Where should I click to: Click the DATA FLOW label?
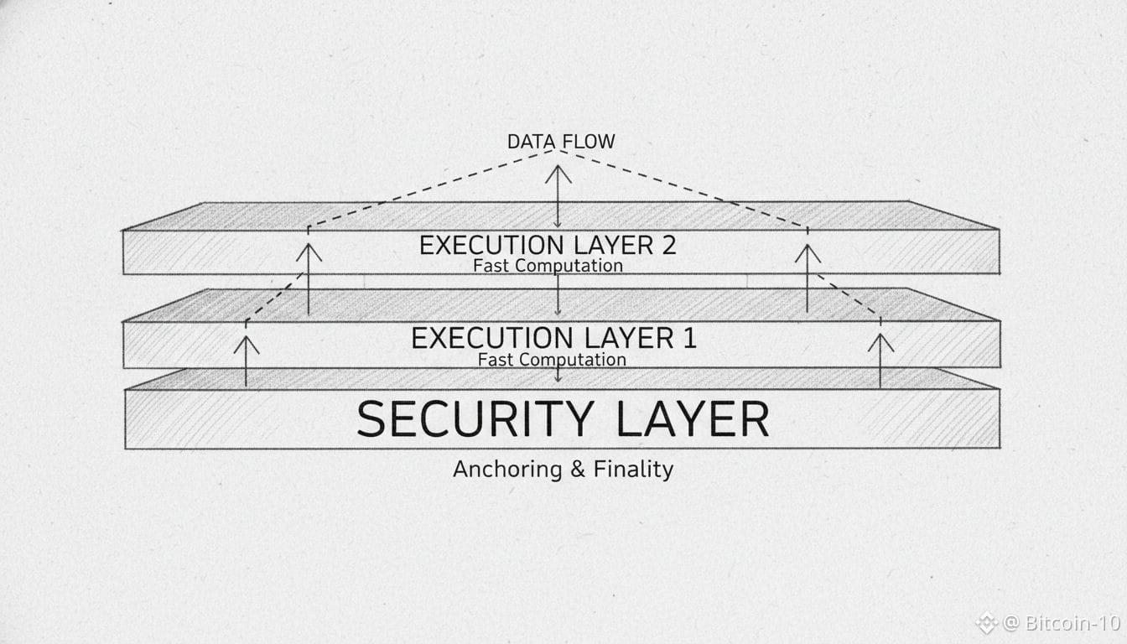[560, 142]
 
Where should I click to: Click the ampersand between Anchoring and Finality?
[577, 469]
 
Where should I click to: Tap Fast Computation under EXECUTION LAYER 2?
[548, 266]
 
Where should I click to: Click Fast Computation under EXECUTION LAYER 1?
[552, 360]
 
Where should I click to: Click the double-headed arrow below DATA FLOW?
[558, 196]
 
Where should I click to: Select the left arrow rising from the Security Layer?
[246, 361]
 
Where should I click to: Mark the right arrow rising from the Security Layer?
[880, 361]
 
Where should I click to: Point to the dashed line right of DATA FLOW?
[683, 190]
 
